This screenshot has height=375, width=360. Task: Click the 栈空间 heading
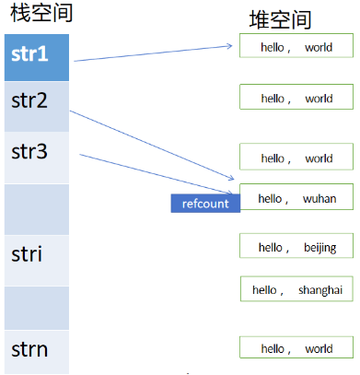[x=41, y=13]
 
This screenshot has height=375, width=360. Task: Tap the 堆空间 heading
[x=280, y=19]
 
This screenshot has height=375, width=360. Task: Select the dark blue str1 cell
[x=37, y=58]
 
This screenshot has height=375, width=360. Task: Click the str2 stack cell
[x=37, y=107]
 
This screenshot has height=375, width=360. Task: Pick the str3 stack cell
[x=37, y=158]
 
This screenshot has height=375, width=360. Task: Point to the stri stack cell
[x=37, y=261]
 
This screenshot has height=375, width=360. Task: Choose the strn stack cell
[x=37, y=352]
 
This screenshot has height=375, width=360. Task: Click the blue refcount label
[x=205, y=204]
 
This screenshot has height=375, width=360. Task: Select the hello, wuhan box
[x=296, y=197]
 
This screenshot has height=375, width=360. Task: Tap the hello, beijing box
[x=296, y=246]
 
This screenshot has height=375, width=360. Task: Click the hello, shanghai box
[x=296, y=288]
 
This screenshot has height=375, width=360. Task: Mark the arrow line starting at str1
[x=153, y=53]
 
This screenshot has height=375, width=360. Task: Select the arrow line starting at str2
[x=152, y=145]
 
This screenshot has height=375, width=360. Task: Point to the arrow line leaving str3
[x=156, y=174]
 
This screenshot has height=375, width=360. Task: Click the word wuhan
[x=319, y=199]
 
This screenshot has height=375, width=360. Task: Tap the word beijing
[x=320, y=248]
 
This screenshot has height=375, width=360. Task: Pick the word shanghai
[x=320, y=290]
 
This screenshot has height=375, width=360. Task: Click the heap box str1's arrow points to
[x=296, y=45]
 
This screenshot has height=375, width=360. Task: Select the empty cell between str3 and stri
[x=37, y=209]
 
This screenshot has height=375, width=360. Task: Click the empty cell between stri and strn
[x=37, y=308]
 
